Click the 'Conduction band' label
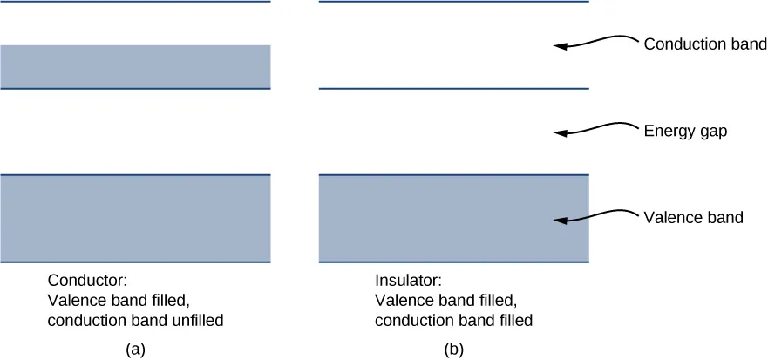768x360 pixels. tap(704, 44)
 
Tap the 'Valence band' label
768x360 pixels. tap(693, 217)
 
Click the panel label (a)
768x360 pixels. tap(135, 349)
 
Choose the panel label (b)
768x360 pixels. tap(453, 349)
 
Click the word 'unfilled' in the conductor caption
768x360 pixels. tap(197, 320)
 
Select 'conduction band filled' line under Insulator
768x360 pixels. tap(453, 320)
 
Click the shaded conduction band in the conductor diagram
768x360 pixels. tap(135, 66)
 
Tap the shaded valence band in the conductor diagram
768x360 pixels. tap(135, 218)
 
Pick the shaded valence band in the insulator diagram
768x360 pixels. tap(453, 218)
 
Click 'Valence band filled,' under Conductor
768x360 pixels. tap(118, 301)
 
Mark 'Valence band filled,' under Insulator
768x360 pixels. tap(445, 301)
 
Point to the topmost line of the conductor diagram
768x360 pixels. tap(135, 2)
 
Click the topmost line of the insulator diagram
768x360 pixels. tap(453, 2)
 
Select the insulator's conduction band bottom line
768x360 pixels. tap(453, 88)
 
